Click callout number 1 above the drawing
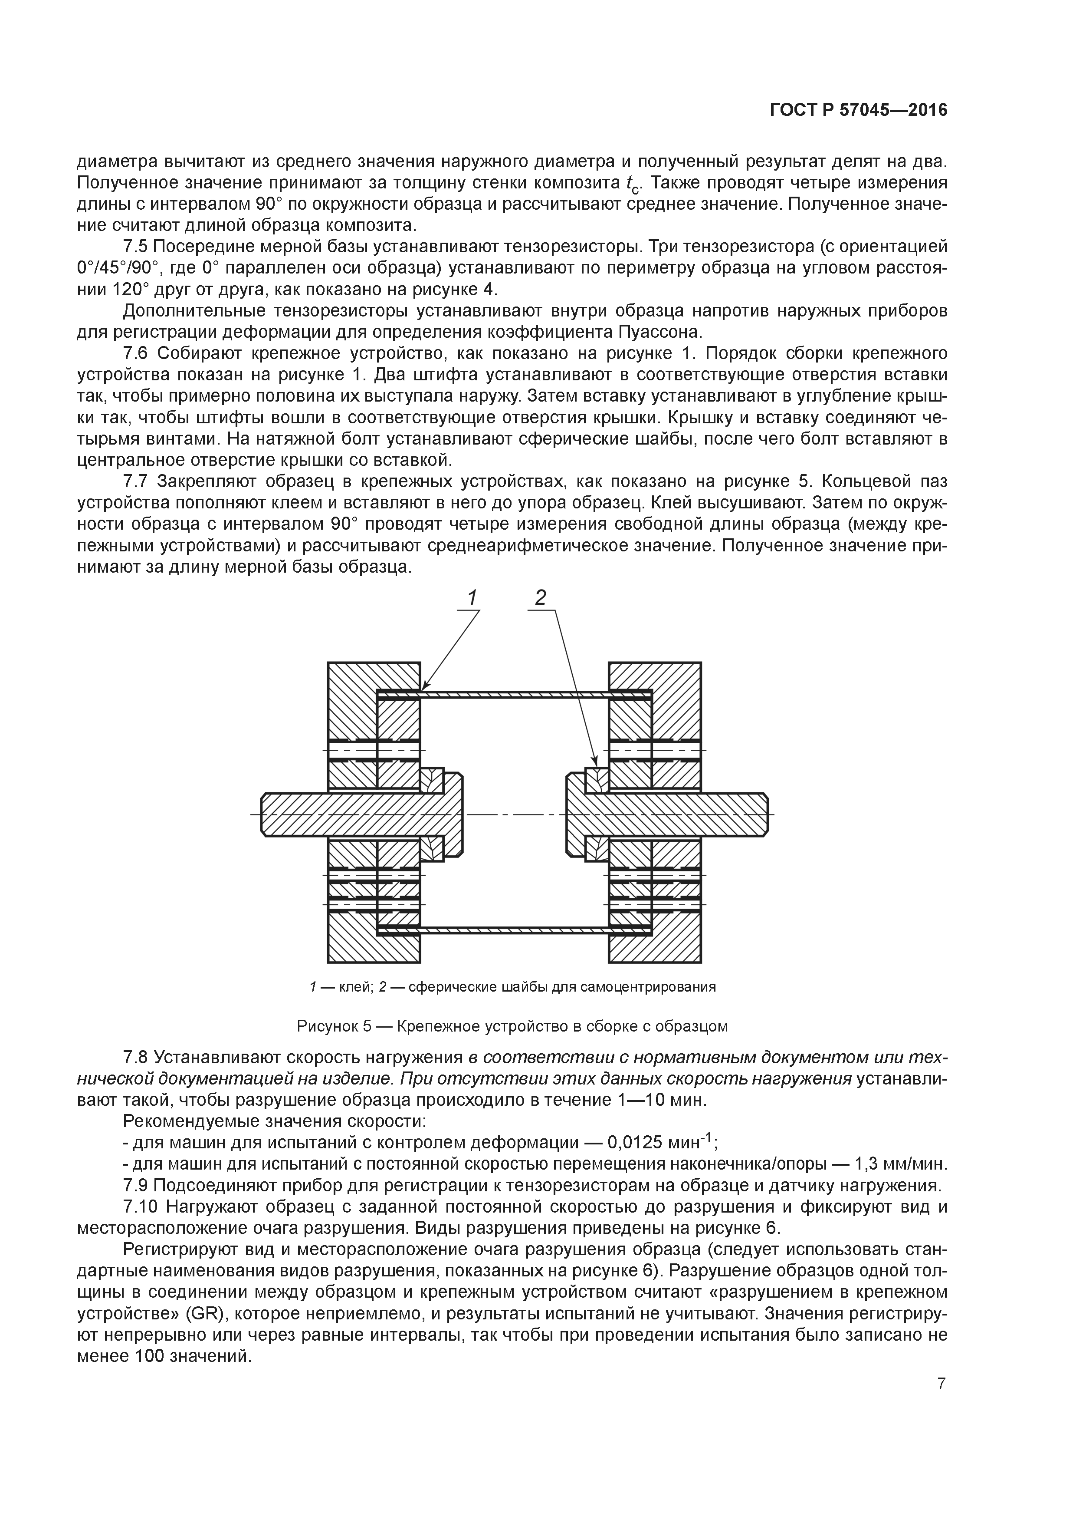coord(472,598)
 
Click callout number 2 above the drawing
coord(540,598)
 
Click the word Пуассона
coord(668,332)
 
